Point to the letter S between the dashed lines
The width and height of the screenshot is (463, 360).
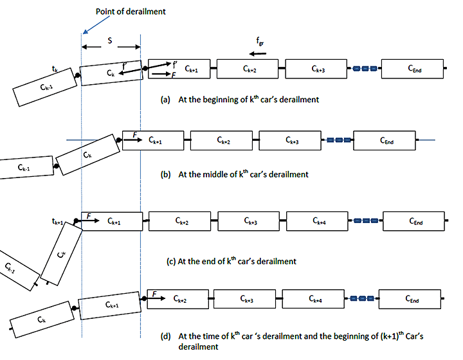(110, 40)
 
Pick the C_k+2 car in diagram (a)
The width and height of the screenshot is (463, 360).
(248, 69)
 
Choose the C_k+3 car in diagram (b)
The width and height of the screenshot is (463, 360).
(291, 141)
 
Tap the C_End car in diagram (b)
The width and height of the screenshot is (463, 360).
(385, 141)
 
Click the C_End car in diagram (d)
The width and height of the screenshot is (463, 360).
(411, 299)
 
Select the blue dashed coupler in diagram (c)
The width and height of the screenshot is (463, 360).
(365, 221)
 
